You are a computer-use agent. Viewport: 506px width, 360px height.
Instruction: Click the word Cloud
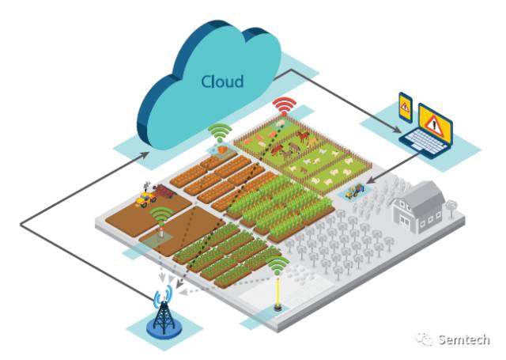pyautogui.click(x=222, y=81)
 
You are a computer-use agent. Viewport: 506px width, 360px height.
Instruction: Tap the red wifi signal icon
pyautogui.click(x=284, y=104)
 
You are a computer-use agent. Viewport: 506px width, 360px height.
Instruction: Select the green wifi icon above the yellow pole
pyautogui.click(x=278, y=264)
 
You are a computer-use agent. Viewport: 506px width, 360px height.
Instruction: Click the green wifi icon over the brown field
pyautogui.click(x=162, y=215)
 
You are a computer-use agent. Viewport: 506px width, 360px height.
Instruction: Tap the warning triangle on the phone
pyautogui.click(x=405, y=107)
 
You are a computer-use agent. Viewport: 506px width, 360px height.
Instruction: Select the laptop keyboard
pyautogui.click(x=423, y=142)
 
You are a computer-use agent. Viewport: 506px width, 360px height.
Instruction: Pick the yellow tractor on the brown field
pyautogui.click(x=145, y=199)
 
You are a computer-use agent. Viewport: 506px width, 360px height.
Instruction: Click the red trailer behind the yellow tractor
pyautogui.click(x=164, y=191)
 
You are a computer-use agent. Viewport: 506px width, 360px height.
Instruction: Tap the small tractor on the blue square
pyautogui.click(x=353, y=191)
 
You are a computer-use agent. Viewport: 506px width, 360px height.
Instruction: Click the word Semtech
pyautogui.click(x=464, y=339)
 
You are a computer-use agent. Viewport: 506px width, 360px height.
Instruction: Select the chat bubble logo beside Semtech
pyautogui.click(x=424, y=339)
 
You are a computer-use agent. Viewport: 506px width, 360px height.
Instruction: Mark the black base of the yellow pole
pyautogui.click(x=278, y=307)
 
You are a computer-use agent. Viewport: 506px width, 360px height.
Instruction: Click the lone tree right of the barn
pyautogui.click(x=451, y=206)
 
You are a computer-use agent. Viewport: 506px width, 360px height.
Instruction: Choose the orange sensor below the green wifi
pyautogui.click(x=223, y=150)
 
